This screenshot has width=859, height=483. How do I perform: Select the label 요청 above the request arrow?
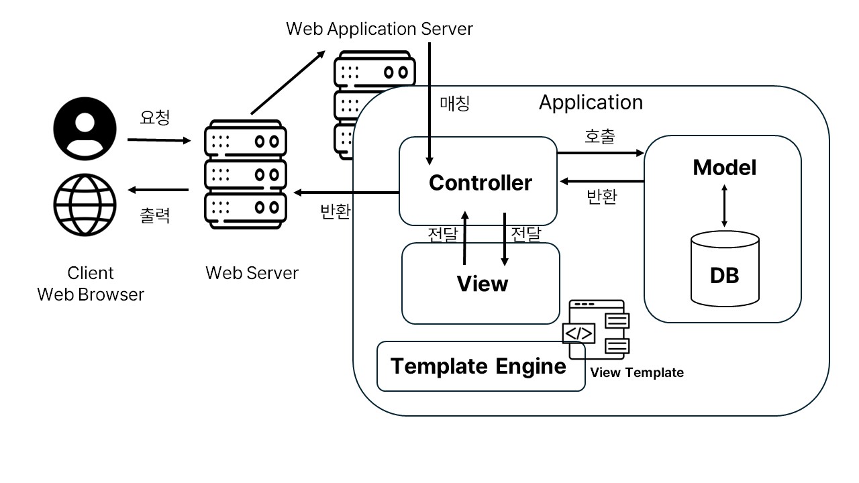click(155, 118)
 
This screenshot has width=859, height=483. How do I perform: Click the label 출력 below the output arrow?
click(155, 215)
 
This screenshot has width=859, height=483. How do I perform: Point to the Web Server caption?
click(252, 273)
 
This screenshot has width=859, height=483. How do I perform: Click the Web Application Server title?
click(379, 29)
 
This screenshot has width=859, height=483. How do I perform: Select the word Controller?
click(480, 182)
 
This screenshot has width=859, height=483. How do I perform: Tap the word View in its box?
click(483, 284)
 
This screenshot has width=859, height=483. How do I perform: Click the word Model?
click(724, 168)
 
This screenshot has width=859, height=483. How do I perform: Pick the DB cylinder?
click(724, 268)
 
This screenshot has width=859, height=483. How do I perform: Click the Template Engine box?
click(479, 366)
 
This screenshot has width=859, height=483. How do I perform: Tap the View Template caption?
click(637, 373)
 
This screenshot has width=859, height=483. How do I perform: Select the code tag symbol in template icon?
click(578, 333)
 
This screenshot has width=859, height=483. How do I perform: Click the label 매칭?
click(455, 104)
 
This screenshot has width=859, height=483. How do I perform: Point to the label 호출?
click(600, 136)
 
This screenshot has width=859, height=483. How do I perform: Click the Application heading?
click(591, 103)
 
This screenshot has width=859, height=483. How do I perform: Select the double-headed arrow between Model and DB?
click(723, 205)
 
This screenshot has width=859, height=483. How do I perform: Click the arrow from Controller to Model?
click(600, 153)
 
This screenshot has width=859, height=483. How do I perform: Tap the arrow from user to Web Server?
click(159, 141)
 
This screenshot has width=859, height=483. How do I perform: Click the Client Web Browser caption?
click(91, 284)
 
